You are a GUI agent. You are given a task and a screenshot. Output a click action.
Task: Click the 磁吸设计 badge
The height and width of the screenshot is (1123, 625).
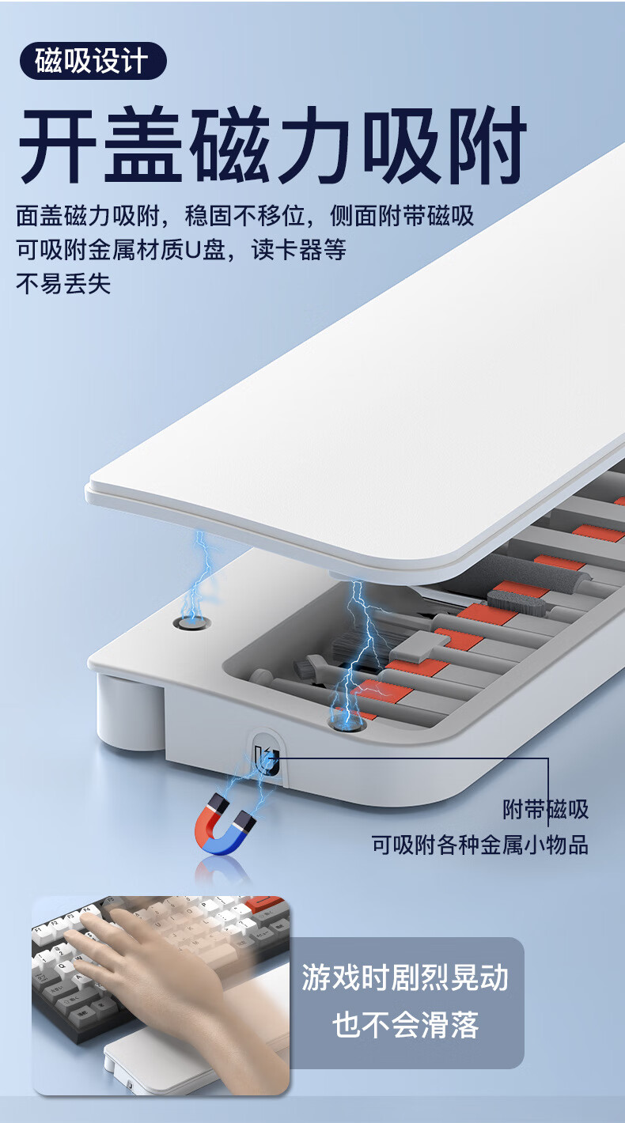coord(93,61)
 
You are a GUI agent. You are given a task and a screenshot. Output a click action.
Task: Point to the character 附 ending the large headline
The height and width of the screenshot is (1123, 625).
coord(487,145)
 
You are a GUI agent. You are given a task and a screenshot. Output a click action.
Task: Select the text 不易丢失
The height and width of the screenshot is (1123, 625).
coord(63,284)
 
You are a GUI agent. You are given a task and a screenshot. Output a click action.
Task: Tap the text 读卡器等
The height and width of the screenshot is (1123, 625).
coord(299,250)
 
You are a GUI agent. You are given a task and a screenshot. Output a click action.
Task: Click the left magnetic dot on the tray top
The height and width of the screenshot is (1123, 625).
coord(191,623)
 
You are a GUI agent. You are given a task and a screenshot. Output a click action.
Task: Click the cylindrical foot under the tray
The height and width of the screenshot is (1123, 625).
coord(130,712)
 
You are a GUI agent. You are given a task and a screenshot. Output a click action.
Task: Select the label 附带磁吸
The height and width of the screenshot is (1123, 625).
coord(546,809)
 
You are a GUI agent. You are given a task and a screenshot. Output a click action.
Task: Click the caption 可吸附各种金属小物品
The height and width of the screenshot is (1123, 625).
coord(480,845)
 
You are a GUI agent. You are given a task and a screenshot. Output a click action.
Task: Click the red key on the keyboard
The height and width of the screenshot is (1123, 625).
coord(267,904)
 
